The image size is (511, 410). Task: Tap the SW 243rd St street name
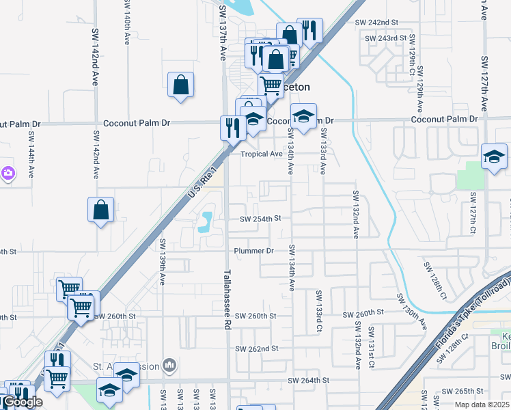pyautogui.click(x=385, y=38)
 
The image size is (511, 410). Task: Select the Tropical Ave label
pyautogui.click(x=261, y=154)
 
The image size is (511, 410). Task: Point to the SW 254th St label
pyautogui.click(x=260, y=219)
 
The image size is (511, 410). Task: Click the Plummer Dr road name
pyautogui.click(x=253, y=251)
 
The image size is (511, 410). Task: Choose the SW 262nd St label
pyautogui.click(x=256, y=348)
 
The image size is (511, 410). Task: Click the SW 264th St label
pyautogui.click(x=308, y=380)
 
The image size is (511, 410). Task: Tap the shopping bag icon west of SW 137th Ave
pyautogui.click(x=180, y=85)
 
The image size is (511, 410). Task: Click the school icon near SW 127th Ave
pyautogui.click(x=494, y=156)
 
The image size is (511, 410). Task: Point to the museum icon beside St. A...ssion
pyautogui.click(x=170, y=366)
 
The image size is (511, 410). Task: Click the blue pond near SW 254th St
pyautogui.click(x=206, y=221)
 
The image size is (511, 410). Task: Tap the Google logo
pyautogui.click(x=22, y=402)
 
